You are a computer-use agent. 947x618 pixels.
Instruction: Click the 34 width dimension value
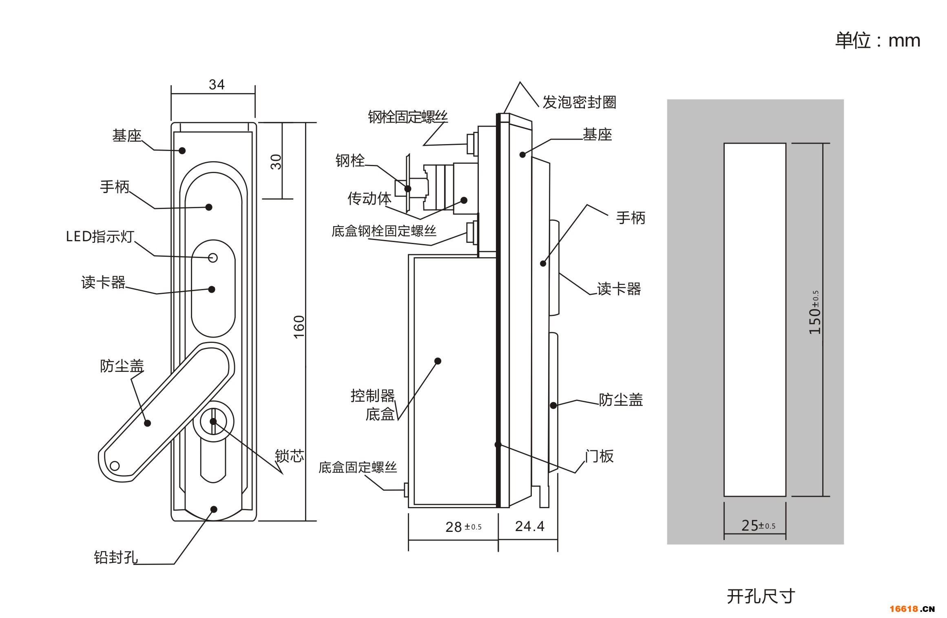pos(217,84)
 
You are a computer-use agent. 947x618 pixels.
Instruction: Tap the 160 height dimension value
pos(299,327)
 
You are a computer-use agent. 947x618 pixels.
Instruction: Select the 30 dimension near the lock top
pos(276,162)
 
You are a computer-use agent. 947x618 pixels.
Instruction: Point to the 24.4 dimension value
pos(529,526)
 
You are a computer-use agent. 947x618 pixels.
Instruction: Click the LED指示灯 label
pos(100,236)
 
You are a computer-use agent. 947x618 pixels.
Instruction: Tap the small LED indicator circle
pos(213,258)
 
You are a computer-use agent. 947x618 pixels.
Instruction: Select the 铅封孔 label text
pos(116,557)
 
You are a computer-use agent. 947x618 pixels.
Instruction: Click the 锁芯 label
pos(290,456)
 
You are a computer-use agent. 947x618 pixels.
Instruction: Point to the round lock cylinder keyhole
pos(213,421)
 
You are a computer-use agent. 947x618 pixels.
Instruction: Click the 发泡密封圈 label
pos(579,102)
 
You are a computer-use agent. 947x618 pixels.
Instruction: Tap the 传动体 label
pos(370,198)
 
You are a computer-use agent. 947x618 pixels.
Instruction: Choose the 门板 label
pos(599,456)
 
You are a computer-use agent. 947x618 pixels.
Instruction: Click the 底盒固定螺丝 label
pos(358,467)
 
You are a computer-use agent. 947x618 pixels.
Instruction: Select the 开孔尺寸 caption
pos(761,596)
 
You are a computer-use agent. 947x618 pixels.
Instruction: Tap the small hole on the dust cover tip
pos(115,466)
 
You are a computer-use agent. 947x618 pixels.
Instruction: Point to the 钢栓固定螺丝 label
pos(408,117)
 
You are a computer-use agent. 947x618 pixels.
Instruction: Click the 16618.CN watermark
pos(912,609)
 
